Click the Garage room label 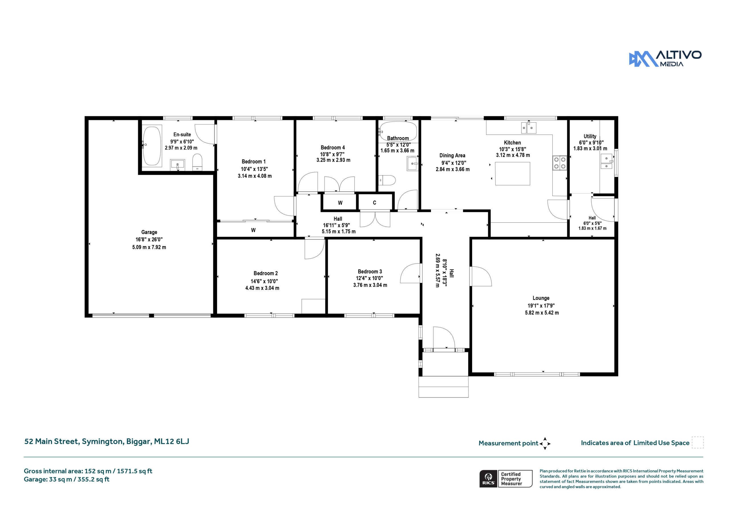pos(149,232)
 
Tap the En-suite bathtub pos(152,146)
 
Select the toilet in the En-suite pos(197,162)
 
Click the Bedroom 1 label pos(254,162)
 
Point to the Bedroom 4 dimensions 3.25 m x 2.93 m pos(333,160)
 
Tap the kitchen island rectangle pos(512,174)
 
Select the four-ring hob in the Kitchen pos(559,163)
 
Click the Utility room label pos(590,136)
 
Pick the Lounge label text pos(541,298)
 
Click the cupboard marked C pos(374,202)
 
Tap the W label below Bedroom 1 pos(253,230)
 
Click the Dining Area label pos(452,155)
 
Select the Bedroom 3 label pos(370,271)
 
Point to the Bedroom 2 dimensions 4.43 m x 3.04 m pos(262,288)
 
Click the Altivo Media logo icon pos(643,59)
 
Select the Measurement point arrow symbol pos(545,444)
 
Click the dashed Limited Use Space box pos(697,442)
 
